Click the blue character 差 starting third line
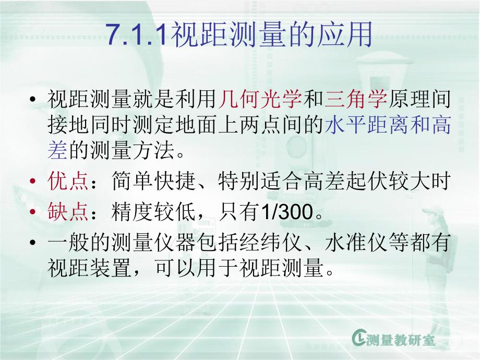(x=57, y=152)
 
